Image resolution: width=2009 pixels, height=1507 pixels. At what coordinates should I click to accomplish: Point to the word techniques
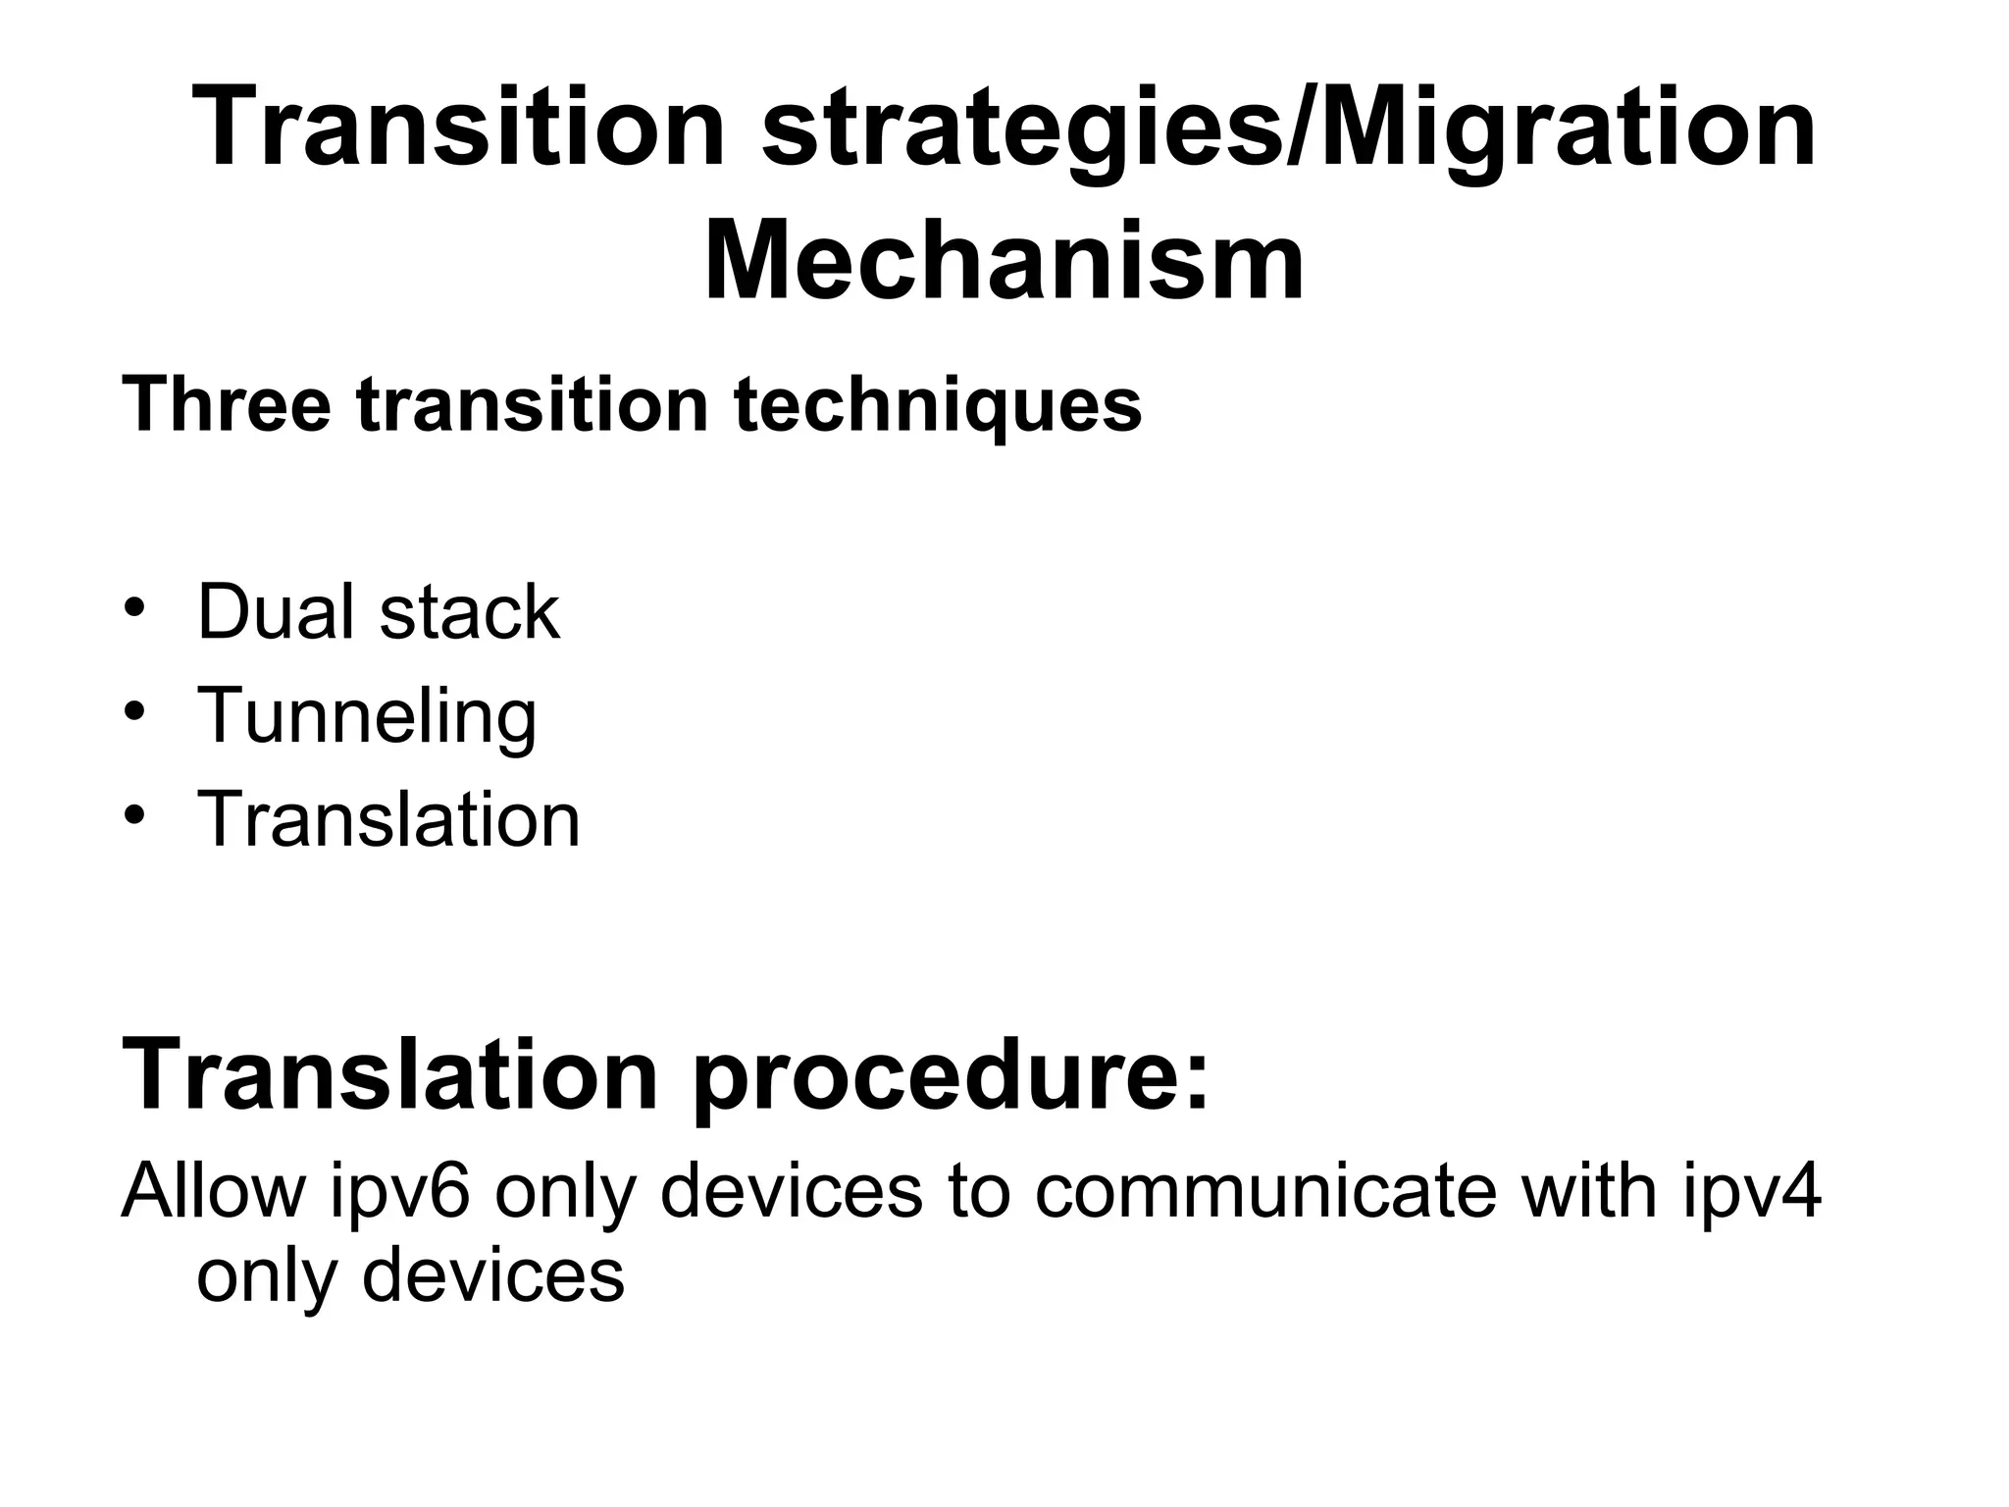(938, 405)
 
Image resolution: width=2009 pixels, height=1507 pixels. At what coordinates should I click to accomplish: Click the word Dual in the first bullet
(276, 612)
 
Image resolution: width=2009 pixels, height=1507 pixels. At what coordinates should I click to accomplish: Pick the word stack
(469, 612)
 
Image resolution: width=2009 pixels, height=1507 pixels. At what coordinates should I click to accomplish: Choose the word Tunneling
(367, 717)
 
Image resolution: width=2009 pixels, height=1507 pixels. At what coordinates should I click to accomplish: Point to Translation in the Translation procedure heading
(388, 1075)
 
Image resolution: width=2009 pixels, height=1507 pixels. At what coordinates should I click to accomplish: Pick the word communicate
(1265, 1189)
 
